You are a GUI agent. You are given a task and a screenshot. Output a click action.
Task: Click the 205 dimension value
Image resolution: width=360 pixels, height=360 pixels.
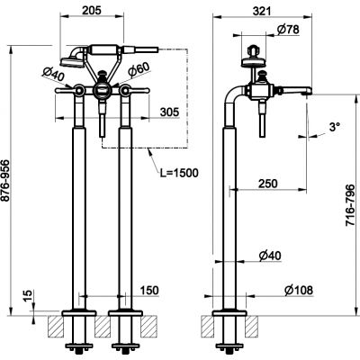[x=92, y=10]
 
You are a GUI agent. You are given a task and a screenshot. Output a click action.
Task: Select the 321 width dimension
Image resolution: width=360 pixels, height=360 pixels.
[x=262, y=11]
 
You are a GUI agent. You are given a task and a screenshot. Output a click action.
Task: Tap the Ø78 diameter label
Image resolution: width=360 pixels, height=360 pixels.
[x=288, y=30]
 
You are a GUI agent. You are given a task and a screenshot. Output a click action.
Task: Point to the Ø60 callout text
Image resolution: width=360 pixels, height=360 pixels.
[x=139, y=70]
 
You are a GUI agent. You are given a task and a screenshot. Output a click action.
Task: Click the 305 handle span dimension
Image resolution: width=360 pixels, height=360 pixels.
[x=169, y=112]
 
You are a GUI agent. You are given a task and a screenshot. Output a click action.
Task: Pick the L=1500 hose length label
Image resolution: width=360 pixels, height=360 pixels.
[x=178, y=173]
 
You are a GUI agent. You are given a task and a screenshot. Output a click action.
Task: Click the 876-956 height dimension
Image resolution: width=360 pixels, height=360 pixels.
[x=6, y=181]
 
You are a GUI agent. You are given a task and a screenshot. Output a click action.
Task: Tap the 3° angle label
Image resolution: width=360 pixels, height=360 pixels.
[x=334, y=127]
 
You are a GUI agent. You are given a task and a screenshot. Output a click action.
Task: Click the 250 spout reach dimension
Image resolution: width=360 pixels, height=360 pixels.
[x=268, y=184]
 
